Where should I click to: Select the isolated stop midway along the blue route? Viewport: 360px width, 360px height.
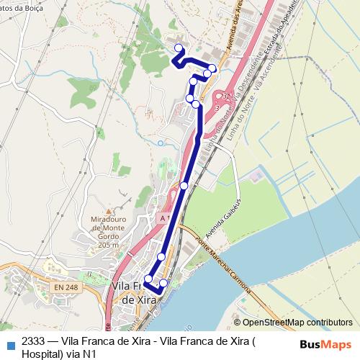[x=184, y=186]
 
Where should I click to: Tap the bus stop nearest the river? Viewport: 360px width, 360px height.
[x=163, y=283]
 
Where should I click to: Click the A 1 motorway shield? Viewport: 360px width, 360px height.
[x=166, y=217]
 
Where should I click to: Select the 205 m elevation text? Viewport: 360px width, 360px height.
[x=106, y=246]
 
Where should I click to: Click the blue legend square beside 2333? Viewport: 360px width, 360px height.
[x=10, y=344]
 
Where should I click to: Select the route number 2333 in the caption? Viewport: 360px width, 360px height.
[x=33, y=341]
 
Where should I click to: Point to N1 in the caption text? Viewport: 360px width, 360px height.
[x=109, y=354]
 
